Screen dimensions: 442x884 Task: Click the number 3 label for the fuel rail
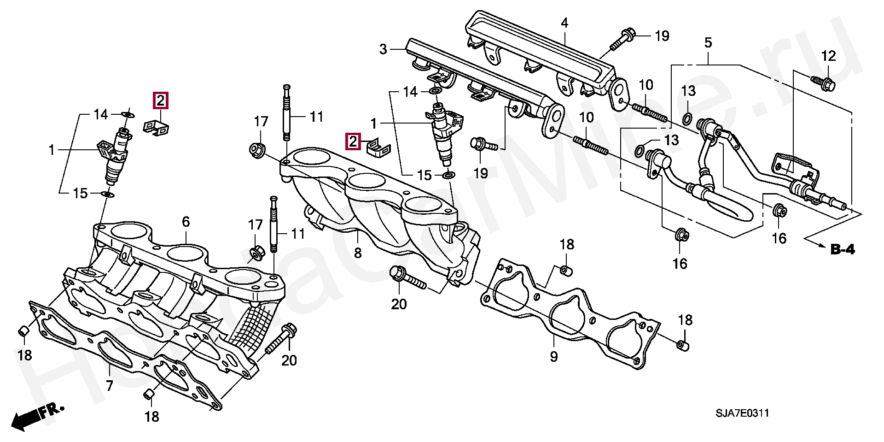tap(384, 49)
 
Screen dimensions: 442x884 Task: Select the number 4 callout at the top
tap(564, 23)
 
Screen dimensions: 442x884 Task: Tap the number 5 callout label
tap(708, 43)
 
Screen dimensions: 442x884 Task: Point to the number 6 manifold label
tap(186, 222)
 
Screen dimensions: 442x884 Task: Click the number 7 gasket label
tap(109, 385)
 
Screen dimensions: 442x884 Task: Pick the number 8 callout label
tap(358, 253)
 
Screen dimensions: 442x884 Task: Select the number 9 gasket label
tap(553, 356)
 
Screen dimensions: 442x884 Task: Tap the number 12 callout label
tap(828, 57)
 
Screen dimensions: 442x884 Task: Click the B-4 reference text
tap(843, 250)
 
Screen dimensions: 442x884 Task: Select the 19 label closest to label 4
tap(662, 36)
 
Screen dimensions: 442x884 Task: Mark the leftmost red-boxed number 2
tap(160, 100)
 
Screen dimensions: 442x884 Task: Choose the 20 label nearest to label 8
tap(399, 304)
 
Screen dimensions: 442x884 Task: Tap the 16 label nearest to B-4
tap(779, 238)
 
